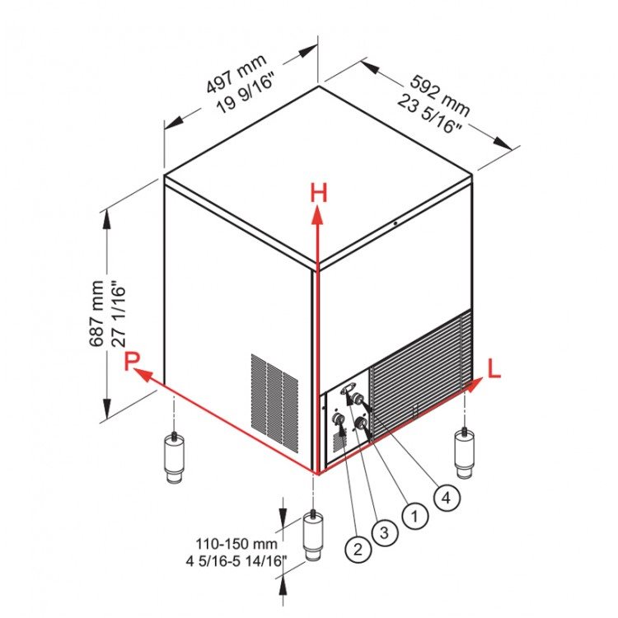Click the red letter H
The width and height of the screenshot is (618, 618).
pyautogui.click(x=318, y=193)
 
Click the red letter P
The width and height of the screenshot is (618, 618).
pyautogui.click(x=132, y=361)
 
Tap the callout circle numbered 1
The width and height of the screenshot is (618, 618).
pyautogui.click(x=414, y=516)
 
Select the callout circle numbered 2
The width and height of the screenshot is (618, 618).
pyautogui.click(x=358, y=549)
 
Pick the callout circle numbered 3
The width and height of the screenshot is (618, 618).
pyautogui.click(x=384, y=532)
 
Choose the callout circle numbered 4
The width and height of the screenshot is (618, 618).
pyautogui.click(x=446, y=498)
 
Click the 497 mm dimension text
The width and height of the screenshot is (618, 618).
pyautogui.click(x=236, y=73)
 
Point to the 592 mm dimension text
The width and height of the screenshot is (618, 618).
pyautogui.click(x=440, y=95)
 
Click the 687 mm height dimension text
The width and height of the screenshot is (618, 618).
pyautogui.click(x=96, y=314)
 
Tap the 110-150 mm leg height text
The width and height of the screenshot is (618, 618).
pyautogui.click(x=236, y=544)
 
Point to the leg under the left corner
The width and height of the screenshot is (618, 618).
pyautogui.click(x=174, y=457)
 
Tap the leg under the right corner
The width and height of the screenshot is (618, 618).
pyautogui.click(x=465, y=453)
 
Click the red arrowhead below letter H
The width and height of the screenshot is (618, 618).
pyautogui.click(x=317, y=217)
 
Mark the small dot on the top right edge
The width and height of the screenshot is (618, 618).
pyautogui.click(x=395, y=223)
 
